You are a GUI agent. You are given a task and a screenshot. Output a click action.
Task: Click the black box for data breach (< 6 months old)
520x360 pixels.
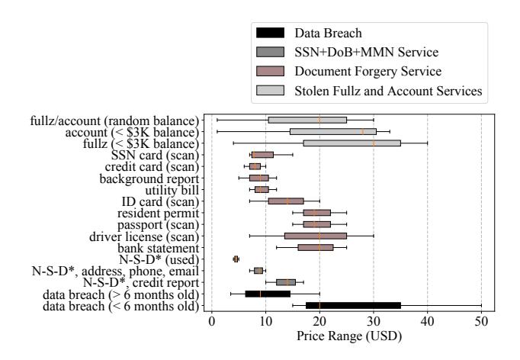353,305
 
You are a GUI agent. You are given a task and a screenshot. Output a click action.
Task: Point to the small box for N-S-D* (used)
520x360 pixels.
236,259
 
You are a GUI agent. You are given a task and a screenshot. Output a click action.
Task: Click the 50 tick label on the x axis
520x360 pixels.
481,322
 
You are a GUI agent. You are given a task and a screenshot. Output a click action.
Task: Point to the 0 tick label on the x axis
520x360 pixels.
211,322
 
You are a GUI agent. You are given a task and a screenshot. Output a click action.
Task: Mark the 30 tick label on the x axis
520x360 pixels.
374,322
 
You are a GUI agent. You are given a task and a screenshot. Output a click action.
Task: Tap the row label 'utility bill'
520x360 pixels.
172,189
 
